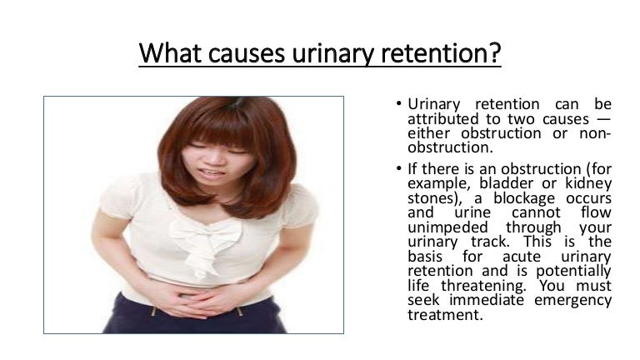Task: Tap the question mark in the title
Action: [x=495, y=53]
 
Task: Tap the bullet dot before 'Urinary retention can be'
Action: [x=399, y=105]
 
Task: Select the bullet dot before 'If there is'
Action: [x=399, y=169]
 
